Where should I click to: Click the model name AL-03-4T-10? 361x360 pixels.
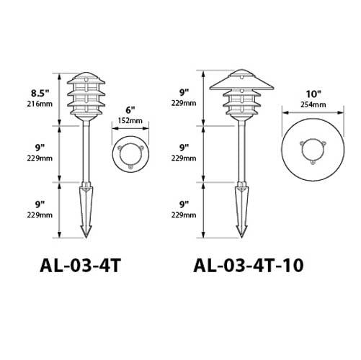click(249, 265)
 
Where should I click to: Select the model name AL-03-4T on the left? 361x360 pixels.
click(80, 265)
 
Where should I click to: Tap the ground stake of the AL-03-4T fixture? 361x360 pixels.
click(87, 209)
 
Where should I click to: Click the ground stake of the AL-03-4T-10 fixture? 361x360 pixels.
click(241, 209)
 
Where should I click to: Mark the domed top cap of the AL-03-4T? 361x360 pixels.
click(87, 77)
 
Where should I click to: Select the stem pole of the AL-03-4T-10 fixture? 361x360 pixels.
click(241, 155)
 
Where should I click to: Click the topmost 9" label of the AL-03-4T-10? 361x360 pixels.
click(185, 92)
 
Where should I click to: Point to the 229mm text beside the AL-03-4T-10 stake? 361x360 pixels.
click(185, 215)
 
